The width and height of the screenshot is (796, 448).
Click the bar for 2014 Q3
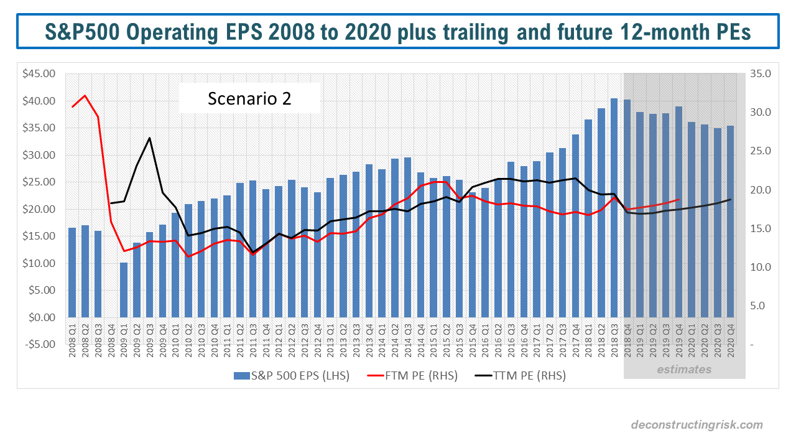click(x=407, y=237)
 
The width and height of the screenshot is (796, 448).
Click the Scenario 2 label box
click(x=249, y=98)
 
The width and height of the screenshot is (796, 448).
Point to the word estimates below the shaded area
click(x=684, y=370)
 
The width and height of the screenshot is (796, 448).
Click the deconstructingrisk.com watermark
click(x=696, y=425)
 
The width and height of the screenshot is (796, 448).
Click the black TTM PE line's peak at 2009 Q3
click(x=150, y=138)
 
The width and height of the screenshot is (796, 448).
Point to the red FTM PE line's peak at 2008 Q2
click(x=85, y=96)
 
